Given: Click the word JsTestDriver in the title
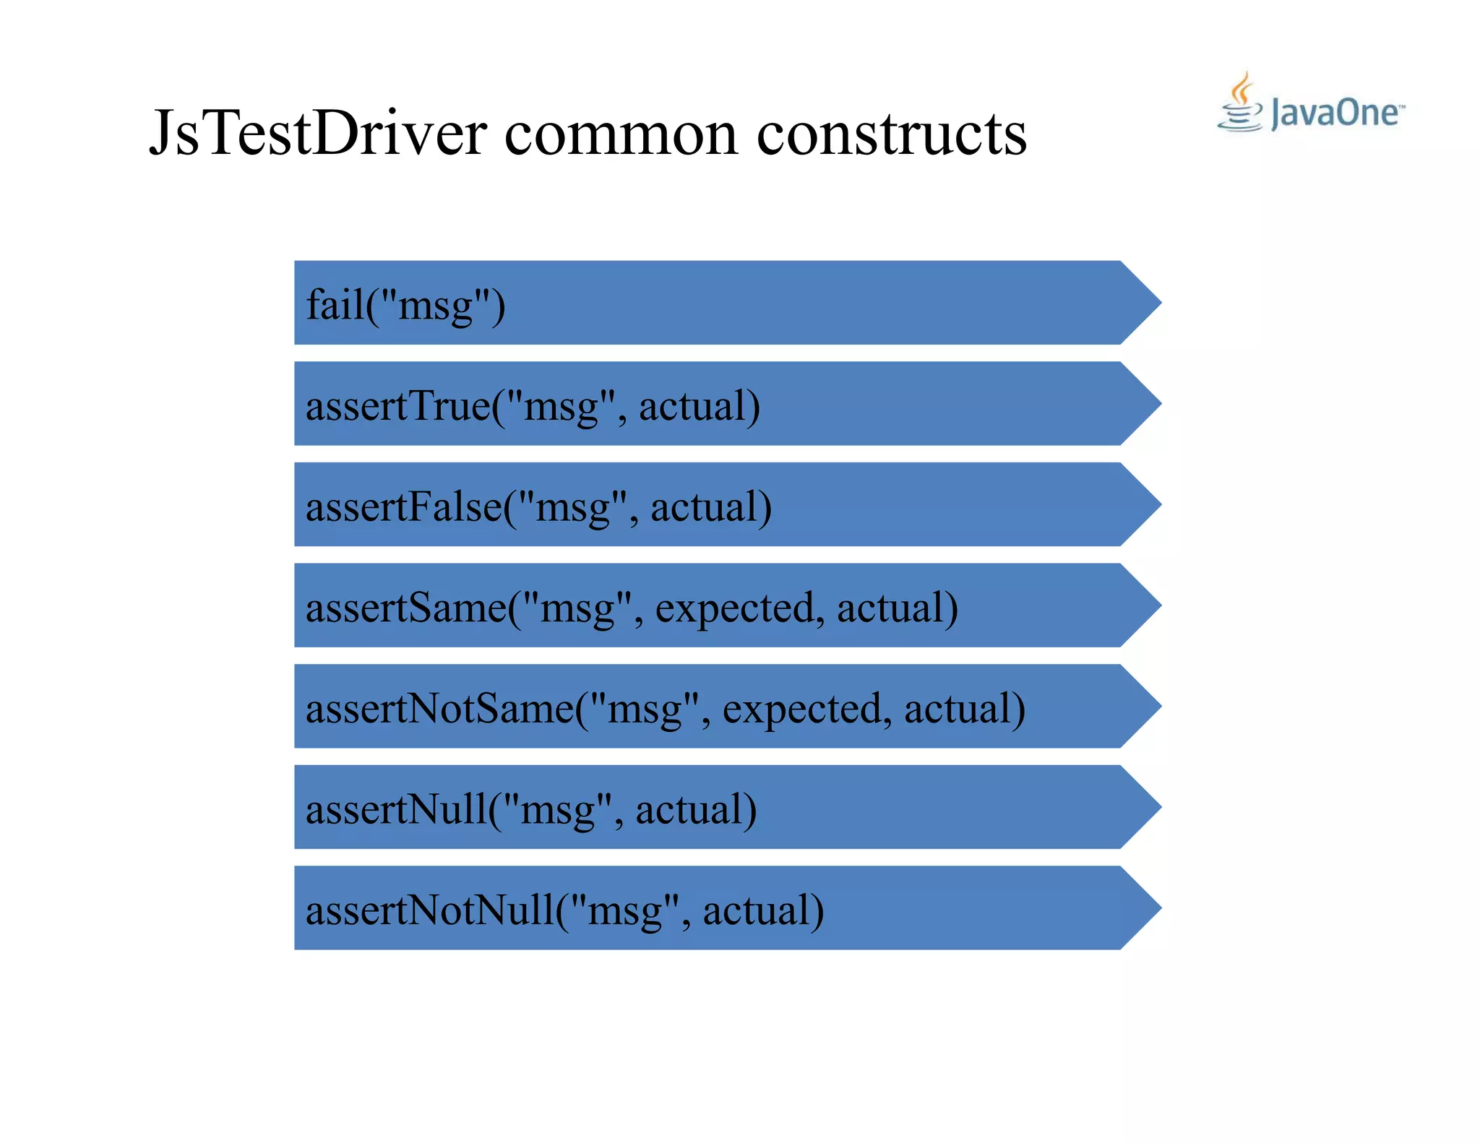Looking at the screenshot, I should click(x=318, y=134).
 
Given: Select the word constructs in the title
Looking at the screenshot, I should click(x=891, y=134).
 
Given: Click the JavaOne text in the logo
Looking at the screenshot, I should click(x=1335, y=113).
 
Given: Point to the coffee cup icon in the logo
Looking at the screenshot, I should click(x=1240, y=105).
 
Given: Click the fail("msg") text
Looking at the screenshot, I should click(x=405, y=305).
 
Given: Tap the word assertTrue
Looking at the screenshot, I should click(x=398, y=406).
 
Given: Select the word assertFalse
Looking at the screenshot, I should click(x=404, y=507).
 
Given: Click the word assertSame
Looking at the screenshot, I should click(x=406, y=608).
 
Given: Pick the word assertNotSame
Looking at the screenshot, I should click(x=439, y=709).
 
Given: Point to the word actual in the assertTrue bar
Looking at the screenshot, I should click(x=699, y=406).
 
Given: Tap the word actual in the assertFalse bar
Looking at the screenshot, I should click(x=711, y=507).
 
